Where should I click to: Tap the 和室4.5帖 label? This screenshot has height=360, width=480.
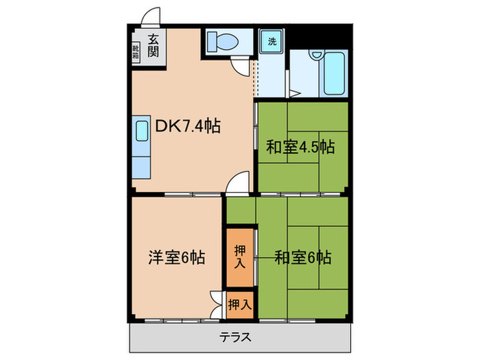click(x=300, y=147)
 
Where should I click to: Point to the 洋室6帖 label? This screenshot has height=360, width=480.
click(x=176, y=258)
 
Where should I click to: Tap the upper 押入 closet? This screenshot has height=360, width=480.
click(x=239, y=255)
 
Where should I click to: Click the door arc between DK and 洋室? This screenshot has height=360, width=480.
click(x=237, y=186)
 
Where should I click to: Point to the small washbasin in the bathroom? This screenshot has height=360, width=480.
click(x=316, y=56)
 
